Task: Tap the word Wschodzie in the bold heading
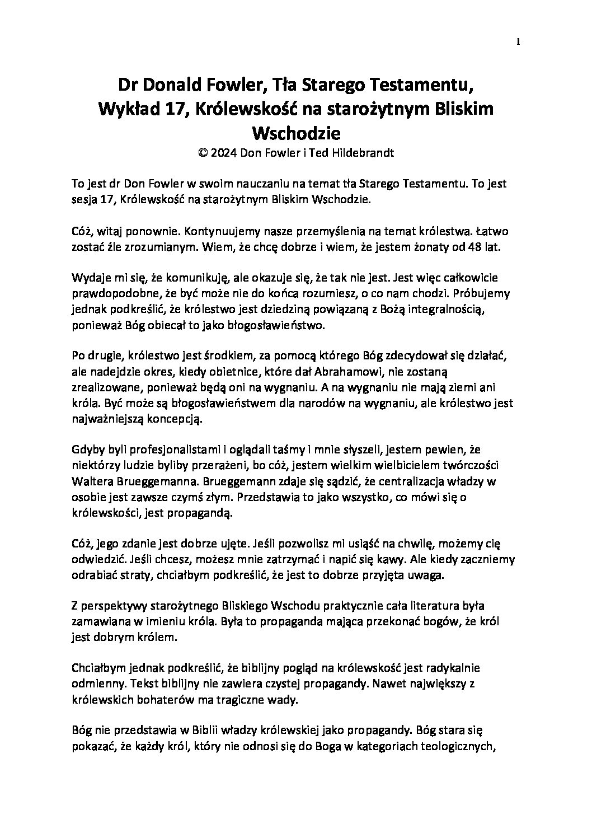pyautogui.click(x=297, y=133)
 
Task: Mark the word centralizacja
pyautogui.click(x=394, y=481)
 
